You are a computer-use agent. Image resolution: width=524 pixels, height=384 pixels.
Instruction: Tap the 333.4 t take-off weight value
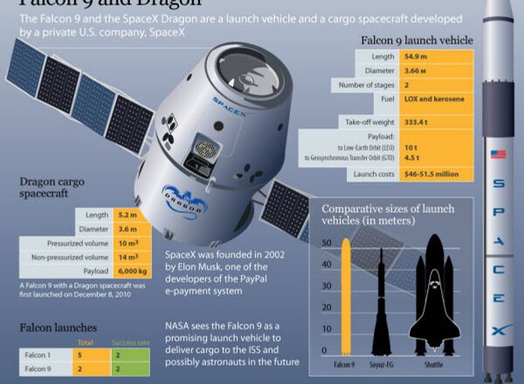[418, 120]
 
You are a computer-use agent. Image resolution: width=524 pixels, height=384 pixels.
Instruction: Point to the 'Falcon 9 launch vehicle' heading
[417, 40]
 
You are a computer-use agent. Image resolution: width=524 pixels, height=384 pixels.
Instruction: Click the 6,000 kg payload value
[130, 272]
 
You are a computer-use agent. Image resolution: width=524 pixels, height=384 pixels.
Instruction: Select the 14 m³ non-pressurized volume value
[127, 258]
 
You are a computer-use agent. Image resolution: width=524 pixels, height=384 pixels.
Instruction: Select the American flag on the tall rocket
[499, 154]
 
